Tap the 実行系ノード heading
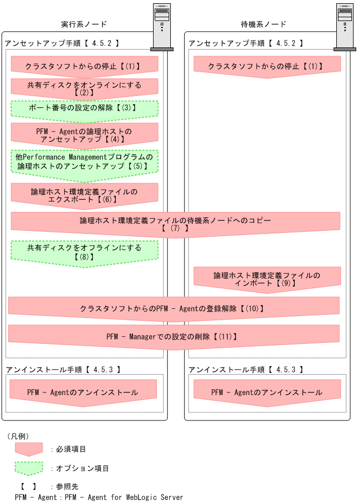coord(84,24)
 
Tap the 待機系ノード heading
coord(264,24)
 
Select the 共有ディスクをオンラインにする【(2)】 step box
coord(84,88)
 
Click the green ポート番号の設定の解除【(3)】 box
coord(84,108)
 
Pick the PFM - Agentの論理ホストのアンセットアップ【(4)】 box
coord(84,135)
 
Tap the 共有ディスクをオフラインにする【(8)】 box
coord(84,252)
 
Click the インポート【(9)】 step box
coord(267,279)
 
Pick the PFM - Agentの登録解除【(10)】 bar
coord(174,309)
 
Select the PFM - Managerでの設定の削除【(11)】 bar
coord(174,336)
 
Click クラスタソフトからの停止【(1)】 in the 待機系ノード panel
coord(267,67)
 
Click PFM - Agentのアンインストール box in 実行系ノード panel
coord(83,392)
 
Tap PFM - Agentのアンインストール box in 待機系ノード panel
coord(267,392)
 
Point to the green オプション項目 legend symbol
coord(29,468)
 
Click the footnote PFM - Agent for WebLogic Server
coord(99,497)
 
